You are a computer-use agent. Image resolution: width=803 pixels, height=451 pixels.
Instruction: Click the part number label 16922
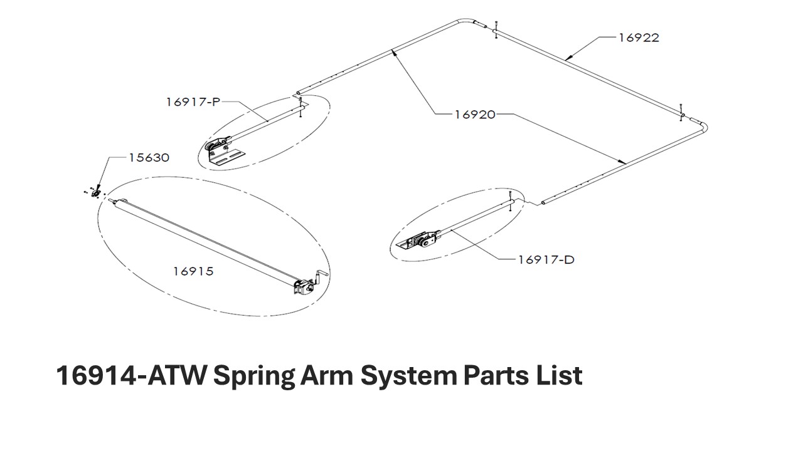639,38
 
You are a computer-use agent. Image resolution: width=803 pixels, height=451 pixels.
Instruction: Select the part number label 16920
474,114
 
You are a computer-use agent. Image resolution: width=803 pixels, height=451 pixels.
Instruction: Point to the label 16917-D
546,259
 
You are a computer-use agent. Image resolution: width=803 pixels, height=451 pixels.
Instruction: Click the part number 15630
149,157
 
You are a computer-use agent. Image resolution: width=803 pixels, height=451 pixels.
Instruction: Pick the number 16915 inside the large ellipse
193,271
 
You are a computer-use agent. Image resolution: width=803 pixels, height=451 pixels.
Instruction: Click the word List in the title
561,376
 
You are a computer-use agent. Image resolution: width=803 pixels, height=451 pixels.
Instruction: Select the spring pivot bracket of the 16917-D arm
420,242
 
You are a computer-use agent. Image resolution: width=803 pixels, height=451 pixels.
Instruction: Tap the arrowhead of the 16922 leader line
568,58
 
